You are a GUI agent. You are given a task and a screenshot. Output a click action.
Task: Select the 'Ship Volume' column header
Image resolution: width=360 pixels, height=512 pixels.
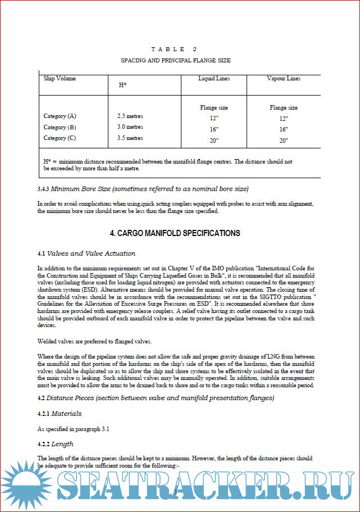tap(60, 79)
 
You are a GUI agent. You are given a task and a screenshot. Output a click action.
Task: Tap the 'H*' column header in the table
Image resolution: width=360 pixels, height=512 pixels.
tap(122, 85)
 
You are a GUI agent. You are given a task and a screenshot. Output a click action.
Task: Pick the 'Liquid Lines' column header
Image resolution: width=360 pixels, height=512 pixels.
tap(214, 79)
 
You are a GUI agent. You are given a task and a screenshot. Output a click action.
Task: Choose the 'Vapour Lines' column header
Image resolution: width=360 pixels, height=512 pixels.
tap(283, 79)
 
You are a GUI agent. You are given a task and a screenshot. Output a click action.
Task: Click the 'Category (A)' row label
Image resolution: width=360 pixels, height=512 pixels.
tap(60, 116)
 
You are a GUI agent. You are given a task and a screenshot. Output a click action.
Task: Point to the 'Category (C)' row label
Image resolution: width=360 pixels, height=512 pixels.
tap(60, 138)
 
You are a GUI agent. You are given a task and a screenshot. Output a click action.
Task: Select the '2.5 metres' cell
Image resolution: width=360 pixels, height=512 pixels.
tap(130, 116)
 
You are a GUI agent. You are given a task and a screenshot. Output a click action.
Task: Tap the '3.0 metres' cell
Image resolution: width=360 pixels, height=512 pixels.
tap(130, 127)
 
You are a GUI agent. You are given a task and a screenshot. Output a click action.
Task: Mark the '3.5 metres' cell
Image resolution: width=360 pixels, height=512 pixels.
tap(130, 138)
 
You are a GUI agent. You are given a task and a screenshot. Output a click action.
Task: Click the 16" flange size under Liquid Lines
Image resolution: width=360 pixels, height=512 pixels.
tap(213, 129)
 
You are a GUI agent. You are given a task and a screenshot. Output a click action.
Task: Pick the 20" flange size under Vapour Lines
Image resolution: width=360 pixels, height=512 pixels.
tap(283, 141)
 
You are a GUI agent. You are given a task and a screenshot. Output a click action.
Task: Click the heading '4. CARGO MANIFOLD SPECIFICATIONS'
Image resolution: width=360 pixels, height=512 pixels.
tap(175, 233)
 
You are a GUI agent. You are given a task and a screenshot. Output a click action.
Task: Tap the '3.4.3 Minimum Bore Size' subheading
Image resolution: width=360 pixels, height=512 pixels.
tap(143, 188)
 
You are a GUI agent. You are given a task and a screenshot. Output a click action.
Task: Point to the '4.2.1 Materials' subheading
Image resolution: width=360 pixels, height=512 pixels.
tap(59, 414)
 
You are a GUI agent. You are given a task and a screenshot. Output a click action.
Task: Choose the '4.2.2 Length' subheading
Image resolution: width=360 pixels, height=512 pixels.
tap(55, 444)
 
